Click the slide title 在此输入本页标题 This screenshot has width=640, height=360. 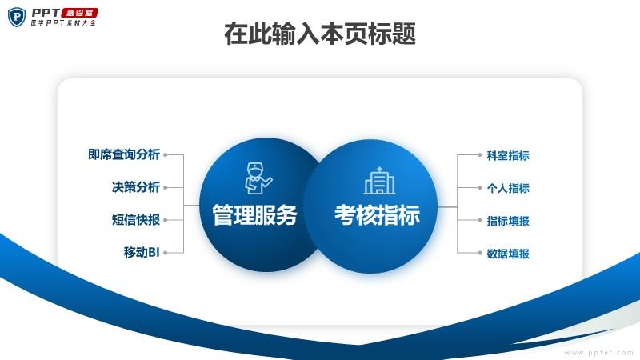pos(320,34)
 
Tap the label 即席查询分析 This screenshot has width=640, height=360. pos(124,154)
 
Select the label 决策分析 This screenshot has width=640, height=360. pos(136,187)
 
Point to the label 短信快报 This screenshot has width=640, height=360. pos(136,219)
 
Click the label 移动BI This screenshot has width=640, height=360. pos(142,252)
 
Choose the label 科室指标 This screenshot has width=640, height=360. pos(508,155)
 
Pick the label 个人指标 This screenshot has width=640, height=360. pos(508,188)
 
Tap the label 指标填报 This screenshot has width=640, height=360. pos(508,221)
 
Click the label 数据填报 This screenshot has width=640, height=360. pos(508,254)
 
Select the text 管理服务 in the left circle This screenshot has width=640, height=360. pos(254,214)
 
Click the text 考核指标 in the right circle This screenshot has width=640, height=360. pos(377,214)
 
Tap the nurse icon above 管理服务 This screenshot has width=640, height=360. pos(258,178)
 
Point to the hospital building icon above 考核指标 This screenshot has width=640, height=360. pos(379,181)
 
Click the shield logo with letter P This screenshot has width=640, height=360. pos(17,17)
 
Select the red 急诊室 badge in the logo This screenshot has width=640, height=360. pos(80,13)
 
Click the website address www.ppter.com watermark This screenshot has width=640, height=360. pos(598,353)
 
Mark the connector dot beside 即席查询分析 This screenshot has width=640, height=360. pos(166,154)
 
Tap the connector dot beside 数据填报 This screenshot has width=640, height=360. pos(479,253)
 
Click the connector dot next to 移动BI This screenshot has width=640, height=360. pos(166,253)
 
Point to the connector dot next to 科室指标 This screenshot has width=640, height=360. pos(479,154)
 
